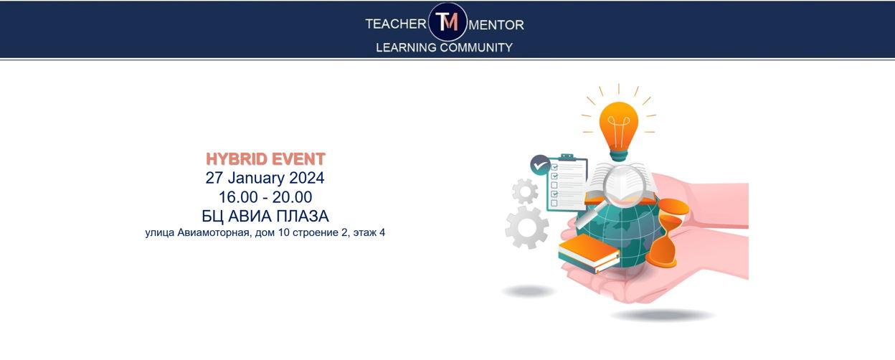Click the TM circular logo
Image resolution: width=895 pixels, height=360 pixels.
click(x=447, y=22)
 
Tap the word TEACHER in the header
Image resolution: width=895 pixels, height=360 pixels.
click(x=396, y=24)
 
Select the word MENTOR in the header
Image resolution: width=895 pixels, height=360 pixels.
click(x=496, y=25)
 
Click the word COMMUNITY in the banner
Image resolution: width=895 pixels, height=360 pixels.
click(x=476, y=47)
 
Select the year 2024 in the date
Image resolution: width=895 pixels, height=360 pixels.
click(x=306, y=178)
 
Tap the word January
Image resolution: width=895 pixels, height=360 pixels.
click(x=256, y=178)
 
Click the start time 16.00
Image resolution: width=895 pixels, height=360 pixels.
click(x=238, y=197)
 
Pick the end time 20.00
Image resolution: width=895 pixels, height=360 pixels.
click(x=292, y=197)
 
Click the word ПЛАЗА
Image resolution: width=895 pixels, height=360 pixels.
click(x=303, y=216)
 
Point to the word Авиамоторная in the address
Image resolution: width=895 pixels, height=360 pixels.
click(x=214, y=232)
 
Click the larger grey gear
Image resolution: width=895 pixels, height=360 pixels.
click(x=527, y=227)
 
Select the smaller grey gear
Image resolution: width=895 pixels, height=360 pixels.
click(x=525, y=191)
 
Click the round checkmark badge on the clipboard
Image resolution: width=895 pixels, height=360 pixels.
click(x=540, y=165)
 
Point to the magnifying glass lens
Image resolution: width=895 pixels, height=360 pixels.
click(x=625, y=185)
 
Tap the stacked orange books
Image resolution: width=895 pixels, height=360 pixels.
click(x=589, y=253)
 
